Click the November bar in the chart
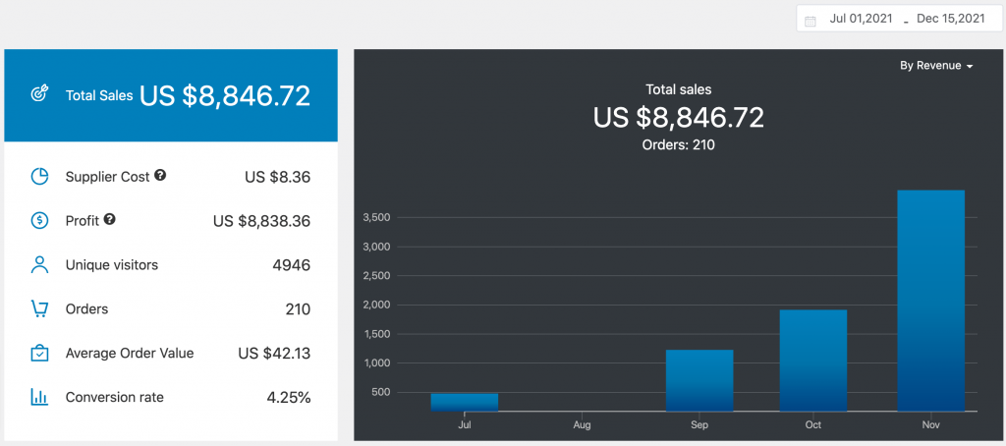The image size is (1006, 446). pos(930,300)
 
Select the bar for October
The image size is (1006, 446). pos(812,360)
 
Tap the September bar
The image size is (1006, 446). pos(699,379)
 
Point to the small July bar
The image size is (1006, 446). pos(464,401)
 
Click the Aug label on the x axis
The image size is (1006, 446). pos(582,426)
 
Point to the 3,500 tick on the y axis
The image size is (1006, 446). pos(377,217)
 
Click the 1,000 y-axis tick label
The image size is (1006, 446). pos(377,363)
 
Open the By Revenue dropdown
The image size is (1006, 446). pos(935,66)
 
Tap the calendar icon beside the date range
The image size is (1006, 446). pos(810,20)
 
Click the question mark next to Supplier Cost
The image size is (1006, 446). pos(160,176)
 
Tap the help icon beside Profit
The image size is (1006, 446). pos(110,220)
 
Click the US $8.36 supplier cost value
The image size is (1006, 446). pos(277,177)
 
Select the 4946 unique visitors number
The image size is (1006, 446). pos(291,265)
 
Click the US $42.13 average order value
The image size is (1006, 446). pos(274,354)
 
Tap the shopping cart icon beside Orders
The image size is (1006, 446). pos(39,309)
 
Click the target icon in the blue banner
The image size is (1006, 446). pos(39,95)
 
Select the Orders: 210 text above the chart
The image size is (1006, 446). pos(678,144)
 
